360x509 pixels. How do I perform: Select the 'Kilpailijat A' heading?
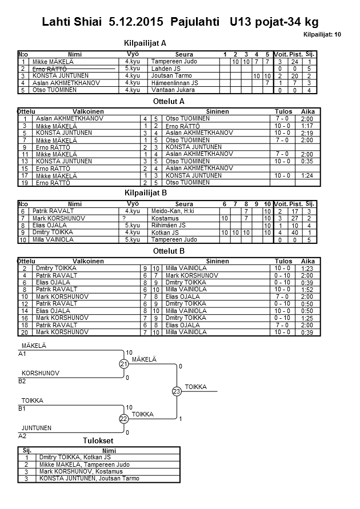pos(145,43)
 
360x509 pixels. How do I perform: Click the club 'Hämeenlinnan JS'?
pos(174,83)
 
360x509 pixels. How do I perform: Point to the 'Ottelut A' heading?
pos(170,101)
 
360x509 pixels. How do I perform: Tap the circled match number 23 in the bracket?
pos(176,391)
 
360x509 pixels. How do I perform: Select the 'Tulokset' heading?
pos(98,440)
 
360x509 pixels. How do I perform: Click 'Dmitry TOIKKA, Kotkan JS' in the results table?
pos(74,458)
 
